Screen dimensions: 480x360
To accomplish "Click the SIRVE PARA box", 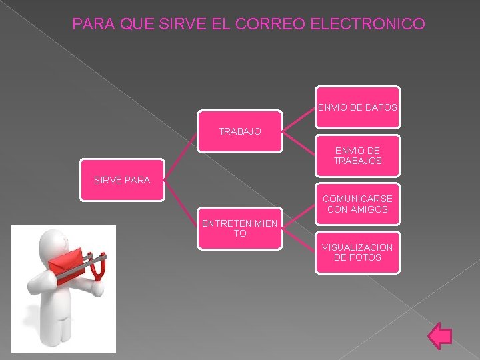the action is point(121,180).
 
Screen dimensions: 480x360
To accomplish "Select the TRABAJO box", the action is point(240,131).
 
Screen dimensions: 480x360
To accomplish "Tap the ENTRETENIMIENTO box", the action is point(240,229).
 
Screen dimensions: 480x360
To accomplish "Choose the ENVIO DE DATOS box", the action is point(357,107).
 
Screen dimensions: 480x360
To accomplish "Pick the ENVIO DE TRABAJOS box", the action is point(357,156).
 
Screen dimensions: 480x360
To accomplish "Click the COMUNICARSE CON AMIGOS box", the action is point(357,204).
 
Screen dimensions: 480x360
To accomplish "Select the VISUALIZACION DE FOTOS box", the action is point(357,252).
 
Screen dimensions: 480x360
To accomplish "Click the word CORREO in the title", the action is point(267,25).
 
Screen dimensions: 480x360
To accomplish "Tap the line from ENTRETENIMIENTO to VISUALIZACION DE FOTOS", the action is point(299,241).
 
